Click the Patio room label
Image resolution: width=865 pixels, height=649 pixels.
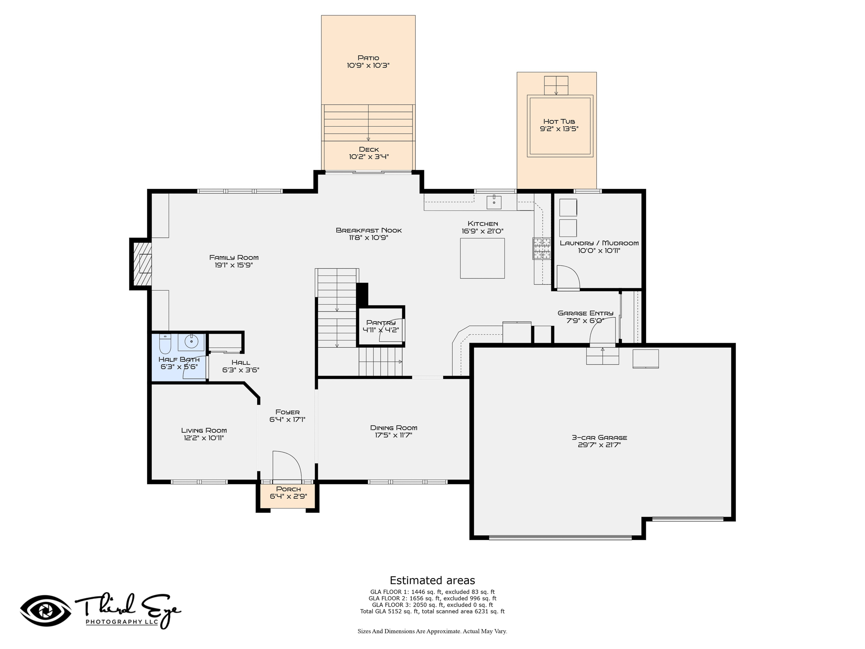coord(368,58)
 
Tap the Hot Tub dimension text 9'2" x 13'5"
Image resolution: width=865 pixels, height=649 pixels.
coord(559,129)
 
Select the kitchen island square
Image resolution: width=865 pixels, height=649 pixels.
coord(482,258)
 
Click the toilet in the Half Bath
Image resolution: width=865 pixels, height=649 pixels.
coord(165,344)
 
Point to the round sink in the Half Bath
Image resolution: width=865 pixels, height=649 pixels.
coord(191,341)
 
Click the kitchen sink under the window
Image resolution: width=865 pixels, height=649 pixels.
coord(494,202)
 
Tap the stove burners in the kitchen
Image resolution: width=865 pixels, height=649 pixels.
coord(542,248)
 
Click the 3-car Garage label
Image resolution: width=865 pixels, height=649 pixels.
coord(599,437)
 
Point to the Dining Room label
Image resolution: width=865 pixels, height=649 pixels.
coord(394,428)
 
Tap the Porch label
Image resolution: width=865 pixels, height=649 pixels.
coord(288,489)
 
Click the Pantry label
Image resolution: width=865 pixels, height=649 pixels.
coord(381,322)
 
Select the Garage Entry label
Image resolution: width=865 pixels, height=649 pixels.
coord(585,313)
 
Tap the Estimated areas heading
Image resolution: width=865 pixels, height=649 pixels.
coord(432,580)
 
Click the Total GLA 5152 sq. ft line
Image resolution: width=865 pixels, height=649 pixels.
coord(432,611)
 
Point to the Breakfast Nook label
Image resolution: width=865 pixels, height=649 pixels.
coord(369,230)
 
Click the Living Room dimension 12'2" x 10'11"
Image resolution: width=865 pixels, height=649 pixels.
coord(204,438)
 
